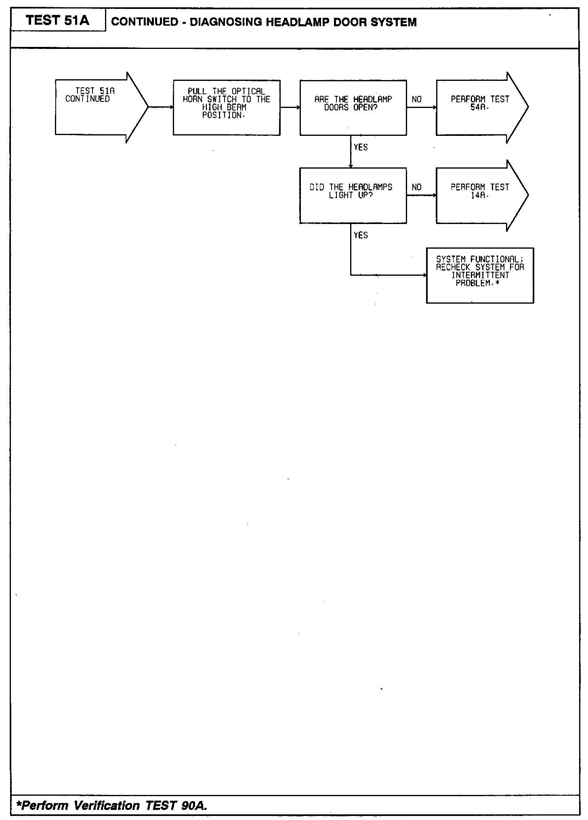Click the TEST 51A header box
tap(58, 20)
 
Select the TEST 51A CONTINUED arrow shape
tap(97, 107)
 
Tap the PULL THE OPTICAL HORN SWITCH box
tap(226, 108)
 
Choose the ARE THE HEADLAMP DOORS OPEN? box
tap(353, 108)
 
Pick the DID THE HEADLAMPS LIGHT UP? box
tap(353, 195)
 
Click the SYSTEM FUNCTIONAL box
tap(480, 275)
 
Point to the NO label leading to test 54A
tap(417, 99)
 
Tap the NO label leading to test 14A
tap(417, 187)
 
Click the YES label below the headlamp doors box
tap(361, 148)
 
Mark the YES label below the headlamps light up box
tap(361, 235)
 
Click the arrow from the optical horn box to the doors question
tap(290, 108)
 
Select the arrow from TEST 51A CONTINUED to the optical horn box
tap(161, 107)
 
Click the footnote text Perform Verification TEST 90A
tap(112, 806)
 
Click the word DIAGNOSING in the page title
tap(225, 22)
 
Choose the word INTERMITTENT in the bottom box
tap(480, 275)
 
